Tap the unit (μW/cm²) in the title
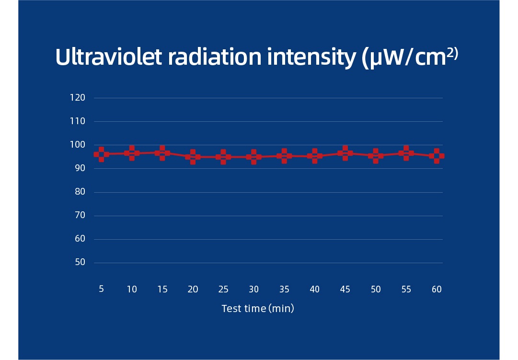click(410, 58)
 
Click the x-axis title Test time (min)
click(258, 309)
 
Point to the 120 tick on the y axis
click(77, 98)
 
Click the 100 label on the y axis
click(77, 145)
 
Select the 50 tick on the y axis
click(80, 262)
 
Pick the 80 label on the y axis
click(80, 192)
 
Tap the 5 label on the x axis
click(101, 289)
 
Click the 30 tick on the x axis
click(253, 289)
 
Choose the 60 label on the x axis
click(437, 289)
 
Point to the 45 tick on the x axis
click(345, 289)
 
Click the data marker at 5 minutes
click(101, 154)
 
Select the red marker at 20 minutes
click(193, 157)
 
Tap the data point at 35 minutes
click(284, 156)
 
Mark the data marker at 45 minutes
click(345, 153)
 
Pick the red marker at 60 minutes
click(437, 156)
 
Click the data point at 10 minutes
click(132, 153)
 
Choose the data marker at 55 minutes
click(406, 153)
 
